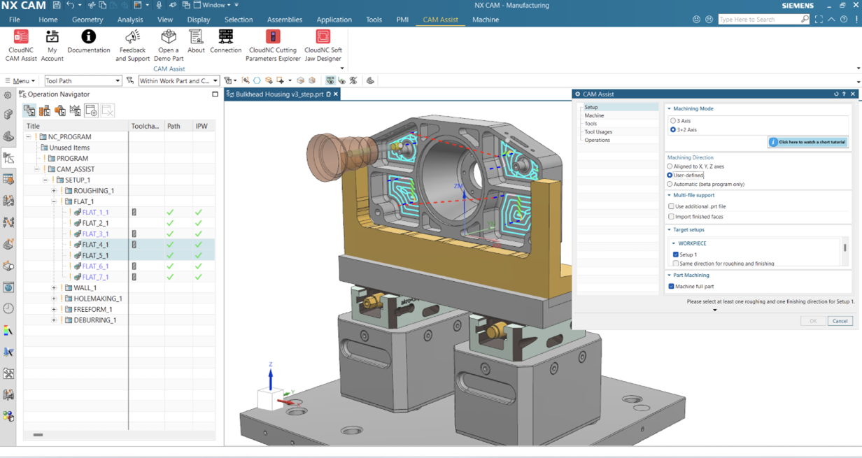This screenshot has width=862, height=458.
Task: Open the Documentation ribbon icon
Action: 88,41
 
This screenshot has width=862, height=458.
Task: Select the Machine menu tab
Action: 485,20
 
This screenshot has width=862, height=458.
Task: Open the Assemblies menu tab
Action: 285,20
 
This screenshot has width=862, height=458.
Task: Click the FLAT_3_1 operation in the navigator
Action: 95,234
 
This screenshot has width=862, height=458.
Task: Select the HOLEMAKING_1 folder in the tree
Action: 97,299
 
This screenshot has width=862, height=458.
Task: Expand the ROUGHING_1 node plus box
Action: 54,191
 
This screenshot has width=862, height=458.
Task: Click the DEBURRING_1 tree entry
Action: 94,320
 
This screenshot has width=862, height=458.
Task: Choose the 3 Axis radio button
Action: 673,121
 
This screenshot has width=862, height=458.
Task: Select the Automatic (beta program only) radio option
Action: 670,184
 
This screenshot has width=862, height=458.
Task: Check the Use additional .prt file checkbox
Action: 672,206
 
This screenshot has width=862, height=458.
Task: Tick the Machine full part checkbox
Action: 672,286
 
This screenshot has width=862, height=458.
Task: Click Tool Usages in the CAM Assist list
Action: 598,131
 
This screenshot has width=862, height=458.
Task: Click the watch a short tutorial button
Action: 808,142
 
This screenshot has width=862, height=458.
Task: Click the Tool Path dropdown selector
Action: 83,81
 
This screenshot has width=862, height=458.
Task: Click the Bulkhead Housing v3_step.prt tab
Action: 279,94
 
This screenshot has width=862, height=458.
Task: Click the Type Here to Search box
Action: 763,20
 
